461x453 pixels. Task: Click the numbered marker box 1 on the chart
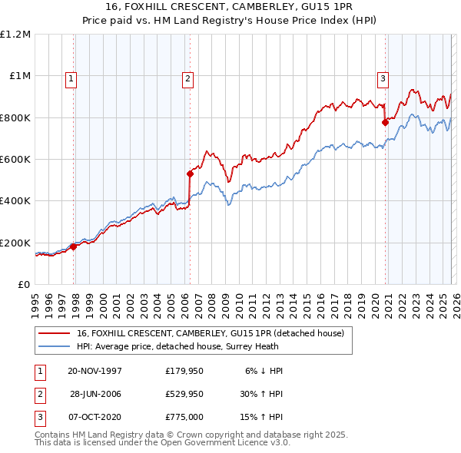(x=71, y=77)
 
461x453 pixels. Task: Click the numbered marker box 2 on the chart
(x=187, y=77)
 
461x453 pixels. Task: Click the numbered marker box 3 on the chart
(x=383, y=77)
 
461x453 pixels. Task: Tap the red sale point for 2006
(x=190, y=174)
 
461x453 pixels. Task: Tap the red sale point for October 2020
(x=385, y=121)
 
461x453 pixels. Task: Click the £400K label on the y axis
(x=15, y=201)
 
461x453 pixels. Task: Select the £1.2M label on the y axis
(x=16, y=35)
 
